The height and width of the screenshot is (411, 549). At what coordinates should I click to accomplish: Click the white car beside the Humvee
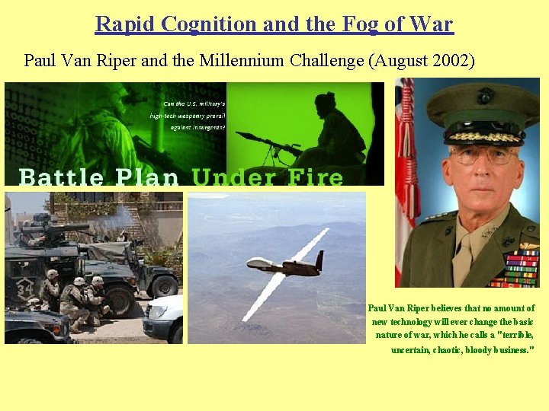pyautogui.click(x=164, y=318)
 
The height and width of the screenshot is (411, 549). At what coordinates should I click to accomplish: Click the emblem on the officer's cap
pyautogui.click(x=485, y=97)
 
